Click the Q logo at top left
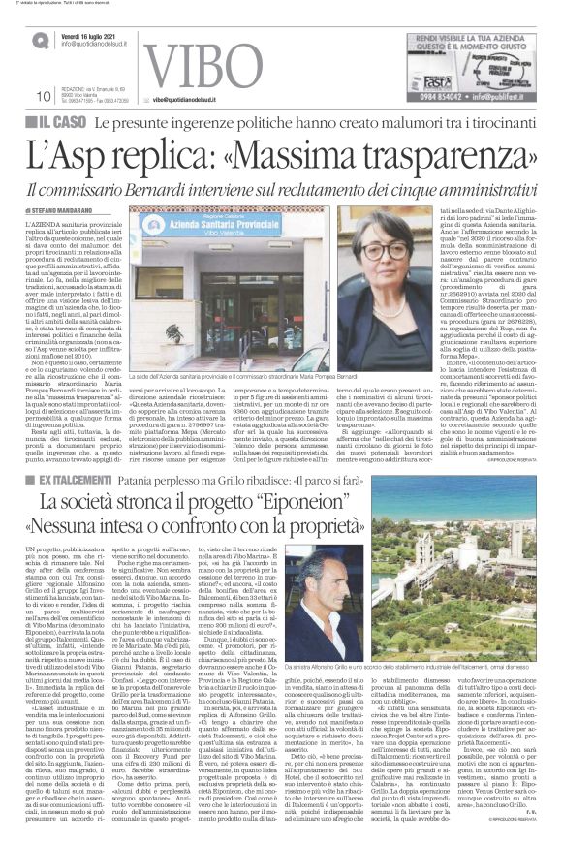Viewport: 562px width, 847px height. click(x=40, y=40)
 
